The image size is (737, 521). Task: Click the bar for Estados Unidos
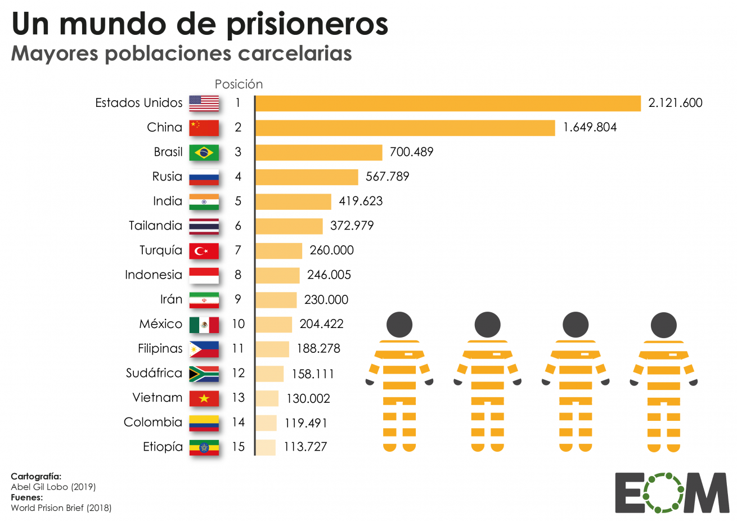[x=448, y=104]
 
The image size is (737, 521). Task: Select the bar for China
[x=405, y=128]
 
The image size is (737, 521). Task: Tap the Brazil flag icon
[x=204, y=152]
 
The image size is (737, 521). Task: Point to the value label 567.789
[x=387, y=177]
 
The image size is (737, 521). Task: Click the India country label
[x=168, y=201]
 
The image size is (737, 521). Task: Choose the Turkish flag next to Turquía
[x=204, y=251]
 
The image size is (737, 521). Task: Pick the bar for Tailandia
[x=289, y=226]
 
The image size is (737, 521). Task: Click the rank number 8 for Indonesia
[x=238, y=275]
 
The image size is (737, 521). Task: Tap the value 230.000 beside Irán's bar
[x=326, y=300]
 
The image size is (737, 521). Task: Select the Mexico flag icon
[x=204, y=325]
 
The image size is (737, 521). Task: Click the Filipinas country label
[x=160, y=349]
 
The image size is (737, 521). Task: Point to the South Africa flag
[x=204, y=374]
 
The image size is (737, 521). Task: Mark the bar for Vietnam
[x=267, y=398]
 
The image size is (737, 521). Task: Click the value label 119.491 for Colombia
[x=305, y=423]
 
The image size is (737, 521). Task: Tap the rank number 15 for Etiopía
[x=239, y=447]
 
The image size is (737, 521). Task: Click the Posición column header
[x=239, y=84]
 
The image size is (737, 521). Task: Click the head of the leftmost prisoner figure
[x=399, y=325]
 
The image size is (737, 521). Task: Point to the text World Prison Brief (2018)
[x=61, y=508]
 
